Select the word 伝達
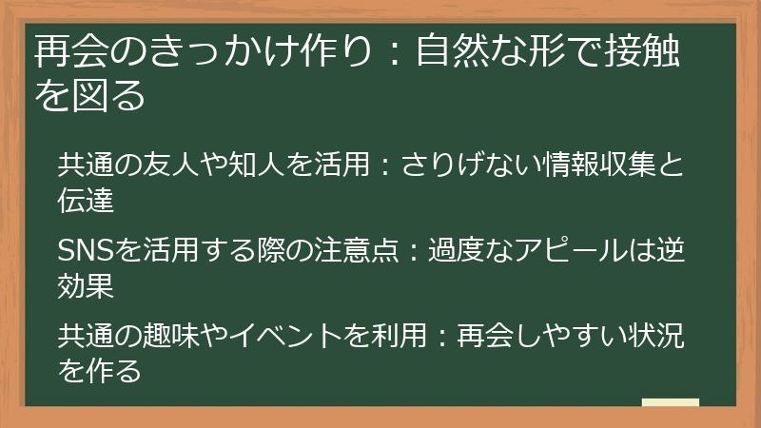(86, 200)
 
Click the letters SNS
(86, 252)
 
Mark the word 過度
(456, 252)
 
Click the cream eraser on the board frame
(670, 402)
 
